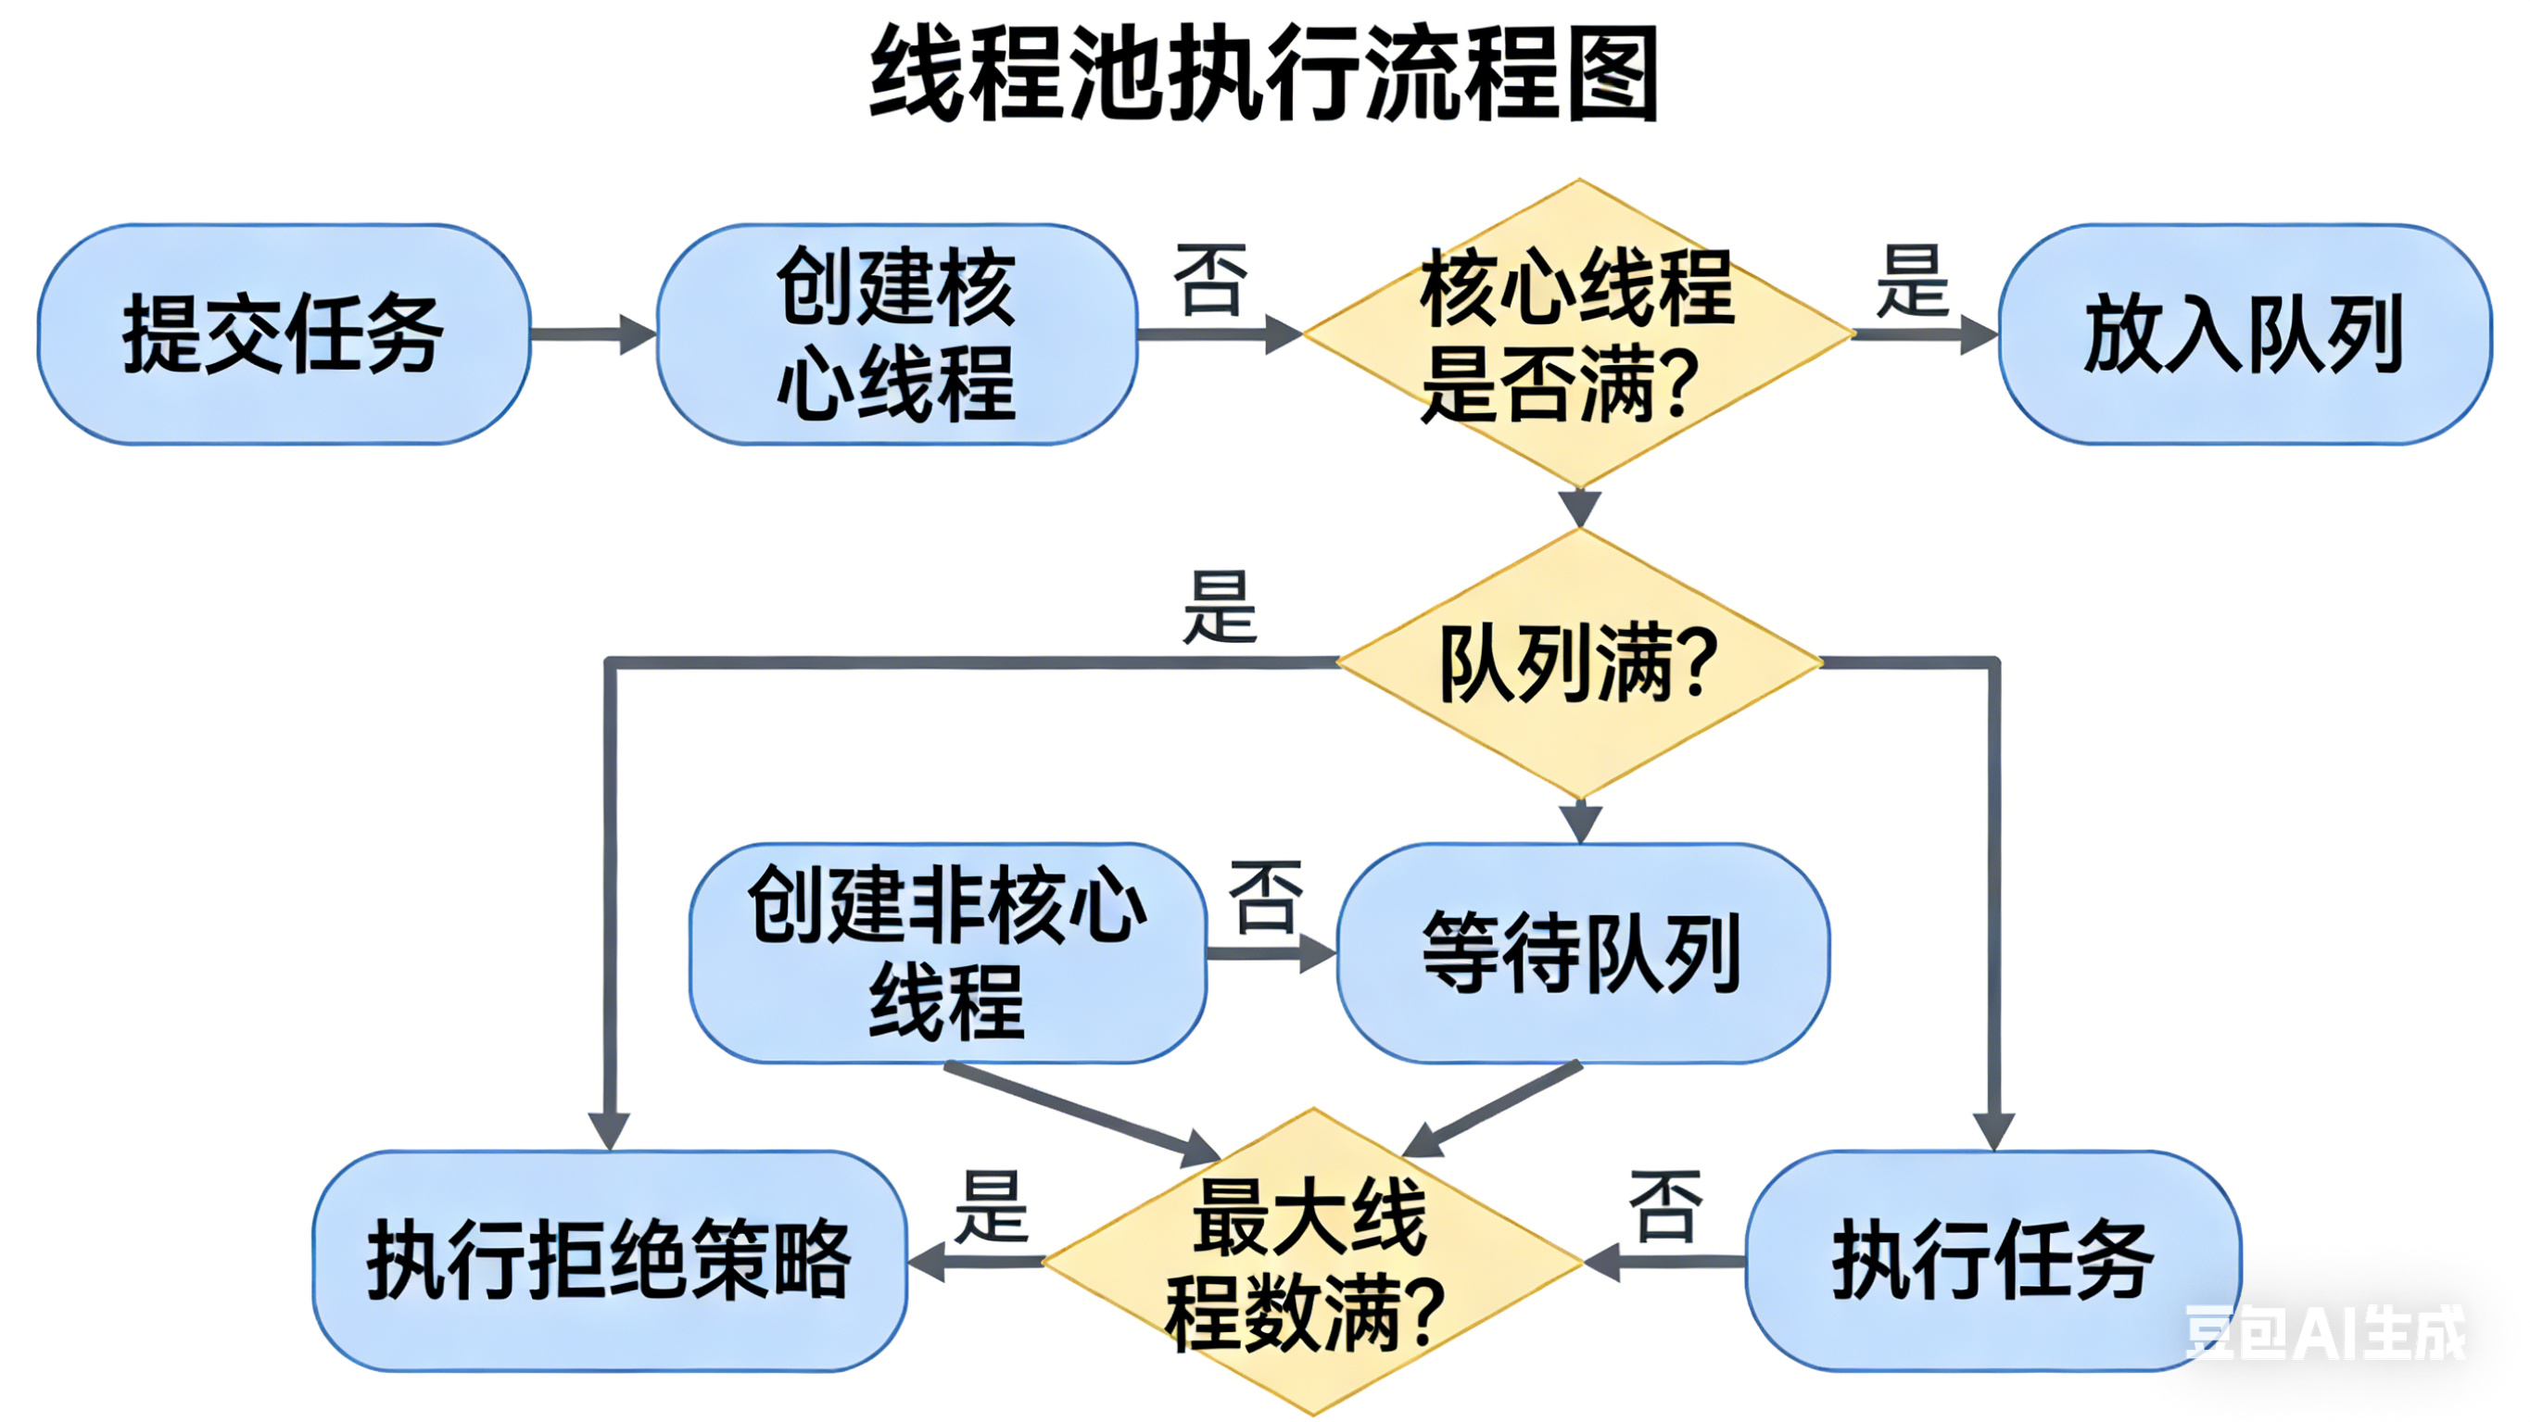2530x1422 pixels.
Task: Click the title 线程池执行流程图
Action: click(1264, 75)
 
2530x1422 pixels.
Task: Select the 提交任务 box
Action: click(284, 333)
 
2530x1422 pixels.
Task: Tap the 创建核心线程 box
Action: click(897, 333)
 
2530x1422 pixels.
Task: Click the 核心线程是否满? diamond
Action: click(1578, 333)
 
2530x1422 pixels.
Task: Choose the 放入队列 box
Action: click(2245, 333)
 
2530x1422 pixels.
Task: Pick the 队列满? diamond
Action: click(1579, 663)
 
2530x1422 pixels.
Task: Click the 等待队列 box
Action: click(1582, 952)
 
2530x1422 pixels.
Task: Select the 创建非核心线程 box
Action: click(948, 952)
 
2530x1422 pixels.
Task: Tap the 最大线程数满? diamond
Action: click(1311, 1262)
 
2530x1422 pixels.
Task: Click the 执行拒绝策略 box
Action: click(610, 1261)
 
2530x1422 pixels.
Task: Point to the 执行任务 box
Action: click(1992, 1261)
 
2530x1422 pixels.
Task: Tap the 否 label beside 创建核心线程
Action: click(1210, 281)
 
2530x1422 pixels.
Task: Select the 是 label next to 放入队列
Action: click(1911, 282)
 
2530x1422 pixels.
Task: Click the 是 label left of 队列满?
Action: click(1219, 607)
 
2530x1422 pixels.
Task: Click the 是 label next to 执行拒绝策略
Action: click(991, 1207)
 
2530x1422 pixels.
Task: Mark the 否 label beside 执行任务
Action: click(1664, 1207)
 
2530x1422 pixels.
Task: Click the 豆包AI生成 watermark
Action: click(2323, 1333)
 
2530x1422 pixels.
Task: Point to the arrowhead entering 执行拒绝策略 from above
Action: click(609, 1129)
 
